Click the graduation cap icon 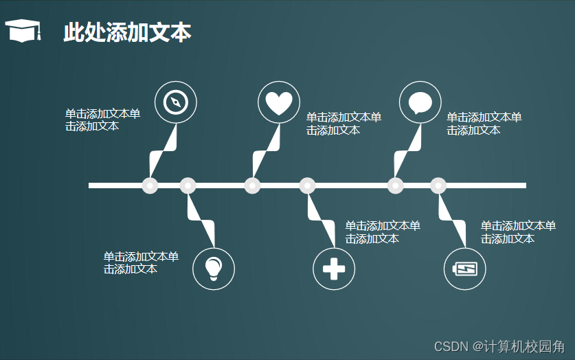(23, 31)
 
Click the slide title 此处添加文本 (127, 32)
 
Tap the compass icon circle (176, 102)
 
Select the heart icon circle (279, 102)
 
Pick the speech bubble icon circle (420, 102)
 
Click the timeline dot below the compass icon (150, 185)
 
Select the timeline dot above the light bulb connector (188, 185)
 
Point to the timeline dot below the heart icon (252, 185)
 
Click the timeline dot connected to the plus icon (308, 185)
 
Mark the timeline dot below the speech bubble (395, 185)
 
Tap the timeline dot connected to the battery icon (438, 185)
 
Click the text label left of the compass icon (102, 120)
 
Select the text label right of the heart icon (343, 124)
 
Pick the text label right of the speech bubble (484, 124)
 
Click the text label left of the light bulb (141, 262)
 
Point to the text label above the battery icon (518, 232)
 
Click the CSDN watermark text (499, 346)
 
